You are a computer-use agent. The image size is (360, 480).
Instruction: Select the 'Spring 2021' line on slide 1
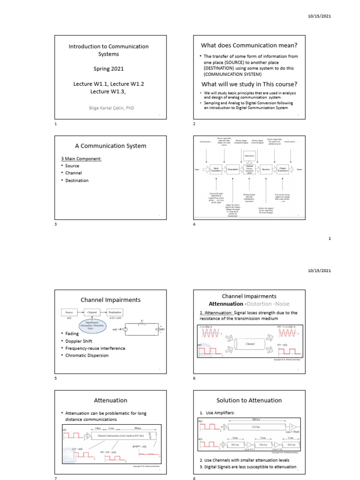pyautogui.click(x=108, y=68)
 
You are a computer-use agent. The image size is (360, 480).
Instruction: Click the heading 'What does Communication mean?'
pyautogui.click(x=249, y=45)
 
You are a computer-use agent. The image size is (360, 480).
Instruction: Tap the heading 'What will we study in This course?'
pyautogui.click(x=249, y=84)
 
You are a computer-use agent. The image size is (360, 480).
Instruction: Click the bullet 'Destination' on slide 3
pyautogui.click(x=77, y=180)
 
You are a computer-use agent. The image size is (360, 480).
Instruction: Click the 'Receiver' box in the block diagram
pyautogui.click(x=266, y=170)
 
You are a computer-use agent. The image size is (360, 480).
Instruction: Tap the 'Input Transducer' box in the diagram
pyautogui.click(x=217, y=170)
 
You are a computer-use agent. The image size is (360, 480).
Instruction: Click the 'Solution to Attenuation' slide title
pyautogui.click(x=249, y=400)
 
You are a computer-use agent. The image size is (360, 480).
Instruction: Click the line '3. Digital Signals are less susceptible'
pyautogui.click(x=249, y=467)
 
